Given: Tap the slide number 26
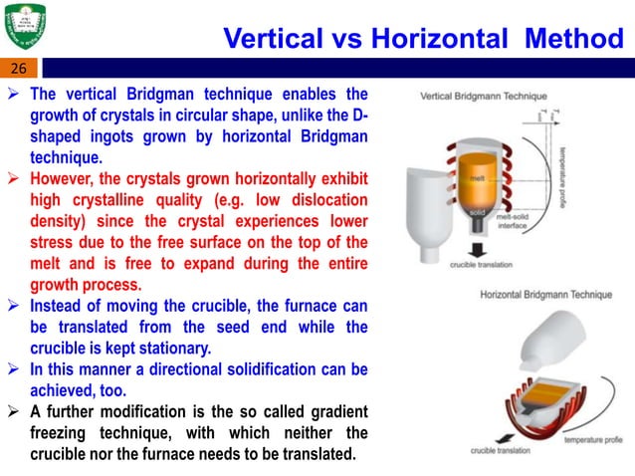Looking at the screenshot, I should [20, 69].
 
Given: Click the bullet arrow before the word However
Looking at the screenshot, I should [17, 180].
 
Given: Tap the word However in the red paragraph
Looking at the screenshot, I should [63, 180].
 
